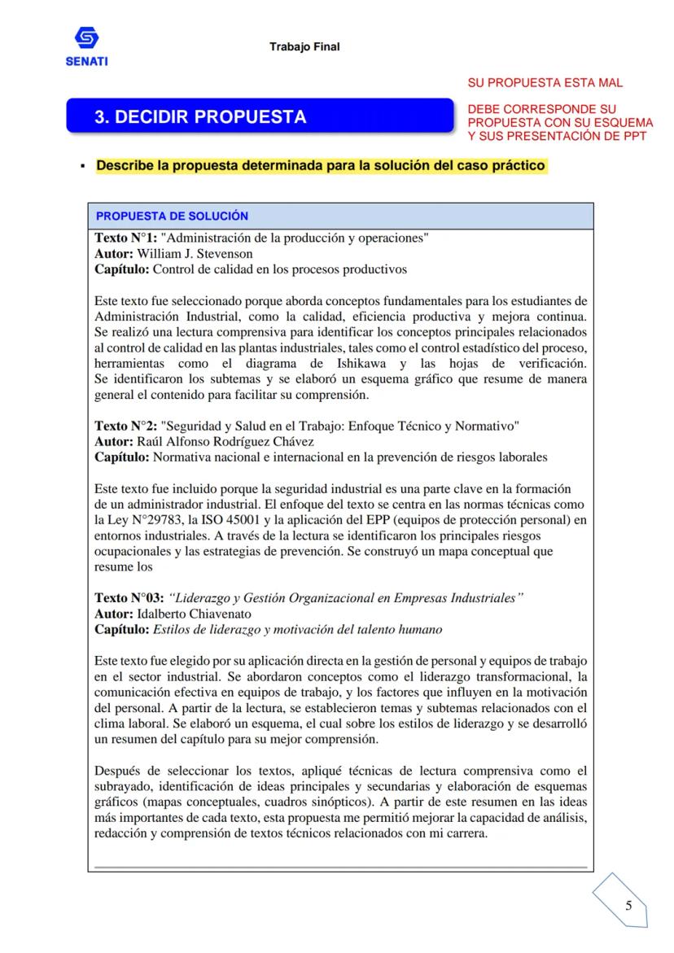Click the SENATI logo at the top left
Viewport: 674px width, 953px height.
[85, 46]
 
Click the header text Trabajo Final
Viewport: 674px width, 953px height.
[304, 46]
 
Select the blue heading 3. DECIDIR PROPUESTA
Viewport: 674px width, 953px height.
[200, 117]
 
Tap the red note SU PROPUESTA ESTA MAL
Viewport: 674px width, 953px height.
[545, 84]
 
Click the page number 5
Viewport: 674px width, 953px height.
[628, 906]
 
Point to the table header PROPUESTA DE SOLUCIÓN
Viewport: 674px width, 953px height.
[172, 216]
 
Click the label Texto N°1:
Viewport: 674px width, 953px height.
[126, 238]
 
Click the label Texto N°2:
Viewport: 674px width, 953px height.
[126, 426]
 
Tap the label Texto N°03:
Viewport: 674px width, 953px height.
[129, 598]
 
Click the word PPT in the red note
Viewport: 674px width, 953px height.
[632, 136]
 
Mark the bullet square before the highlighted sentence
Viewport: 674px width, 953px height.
[83, 167]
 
